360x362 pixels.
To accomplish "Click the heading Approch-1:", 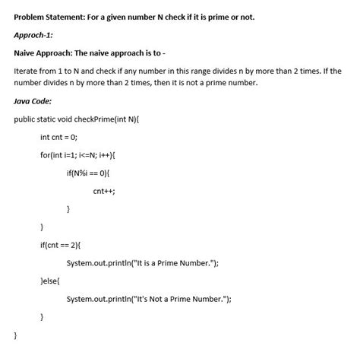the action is click(x=36, y=35).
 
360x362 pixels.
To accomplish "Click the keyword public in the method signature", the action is click(x=27, y=119).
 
